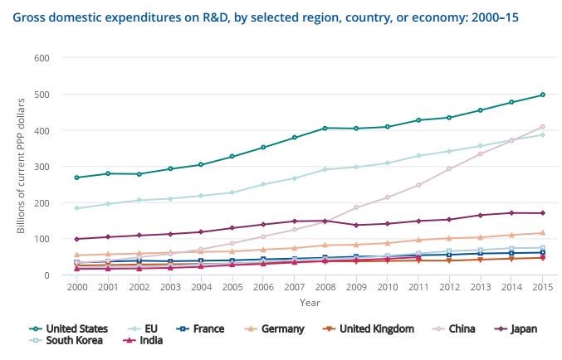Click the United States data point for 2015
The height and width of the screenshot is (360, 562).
pos(542,95)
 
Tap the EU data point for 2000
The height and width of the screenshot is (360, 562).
pos(76,208)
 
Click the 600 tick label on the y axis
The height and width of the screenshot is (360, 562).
pos(42,58)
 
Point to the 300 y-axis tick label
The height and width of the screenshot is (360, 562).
pos(42,167)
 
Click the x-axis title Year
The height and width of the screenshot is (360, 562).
pos(309,302)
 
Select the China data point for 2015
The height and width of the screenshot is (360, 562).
pos(542,127)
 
